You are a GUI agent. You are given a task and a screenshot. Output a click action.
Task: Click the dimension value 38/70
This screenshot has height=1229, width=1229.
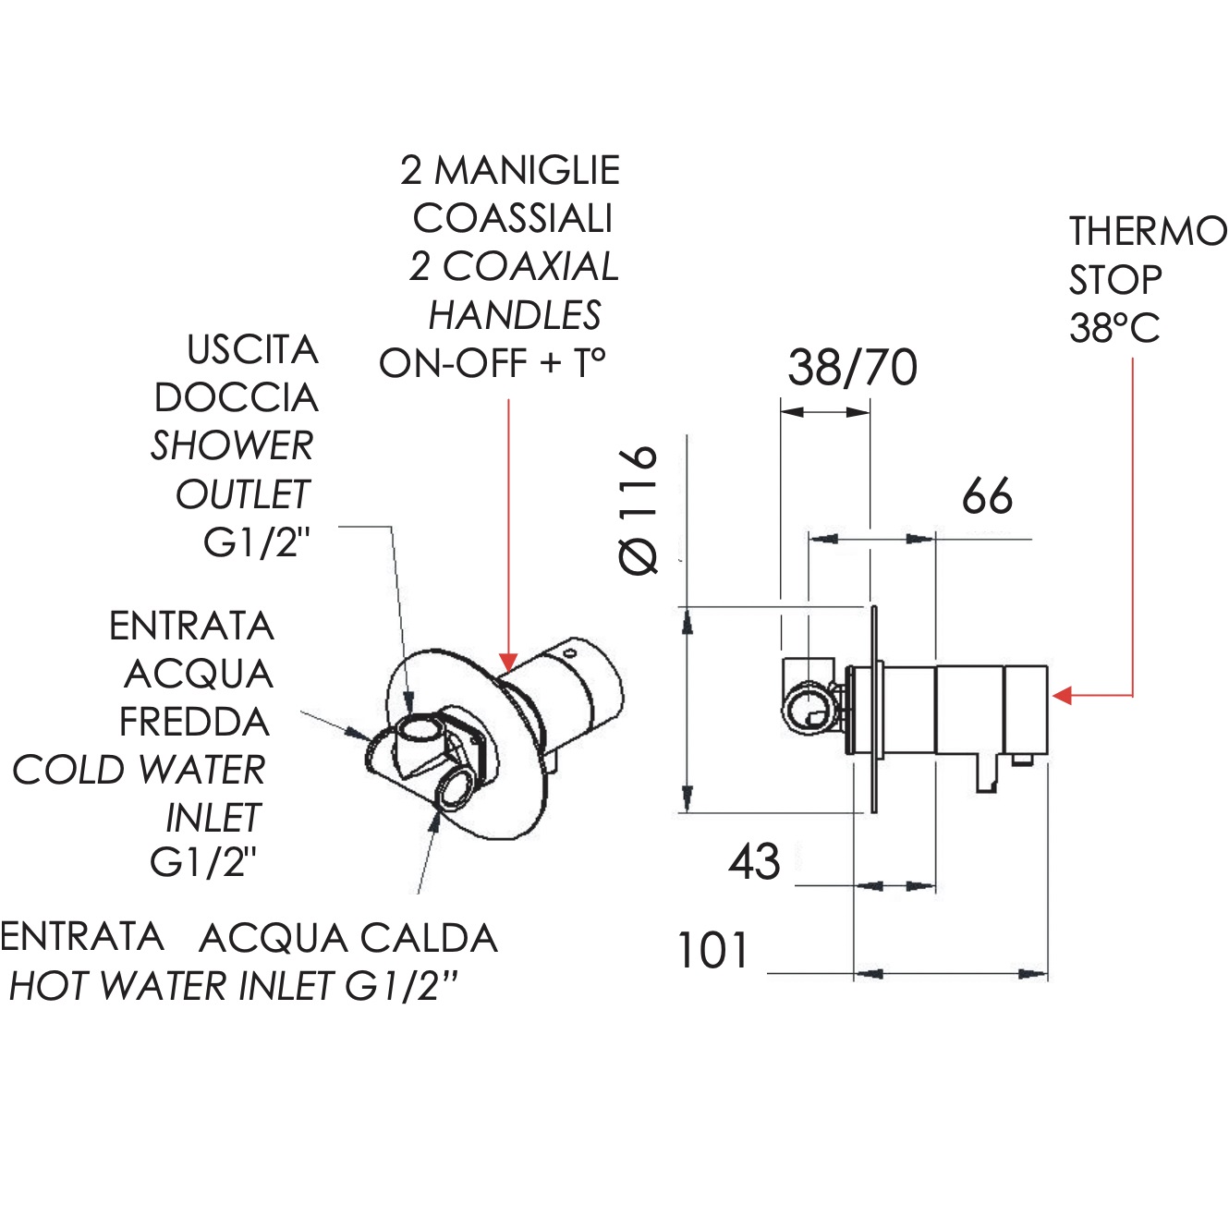click(x=853, y=368)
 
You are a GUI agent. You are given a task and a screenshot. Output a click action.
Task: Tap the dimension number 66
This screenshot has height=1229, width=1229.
click(x=987, y=495)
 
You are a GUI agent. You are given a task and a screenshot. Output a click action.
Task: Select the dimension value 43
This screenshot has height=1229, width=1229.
click(x=754, y=861)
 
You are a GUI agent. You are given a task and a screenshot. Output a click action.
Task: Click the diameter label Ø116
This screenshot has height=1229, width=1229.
click(x=639, y=509)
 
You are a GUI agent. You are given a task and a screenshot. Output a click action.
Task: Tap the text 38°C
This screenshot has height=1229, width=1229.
click(x=1114, y=328)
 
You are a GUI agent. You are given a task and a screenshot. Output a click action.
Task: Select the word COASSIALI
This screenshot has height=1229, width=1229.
click(x=513, y=219)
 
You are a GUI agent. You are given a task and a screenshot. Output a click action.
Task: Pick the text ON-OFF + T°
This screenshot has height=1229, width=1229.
click(x=492, y=363)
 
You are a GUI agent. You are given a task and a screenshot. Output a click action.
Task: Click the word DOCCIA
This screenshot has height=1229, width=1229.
click(x=236, y=398)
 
